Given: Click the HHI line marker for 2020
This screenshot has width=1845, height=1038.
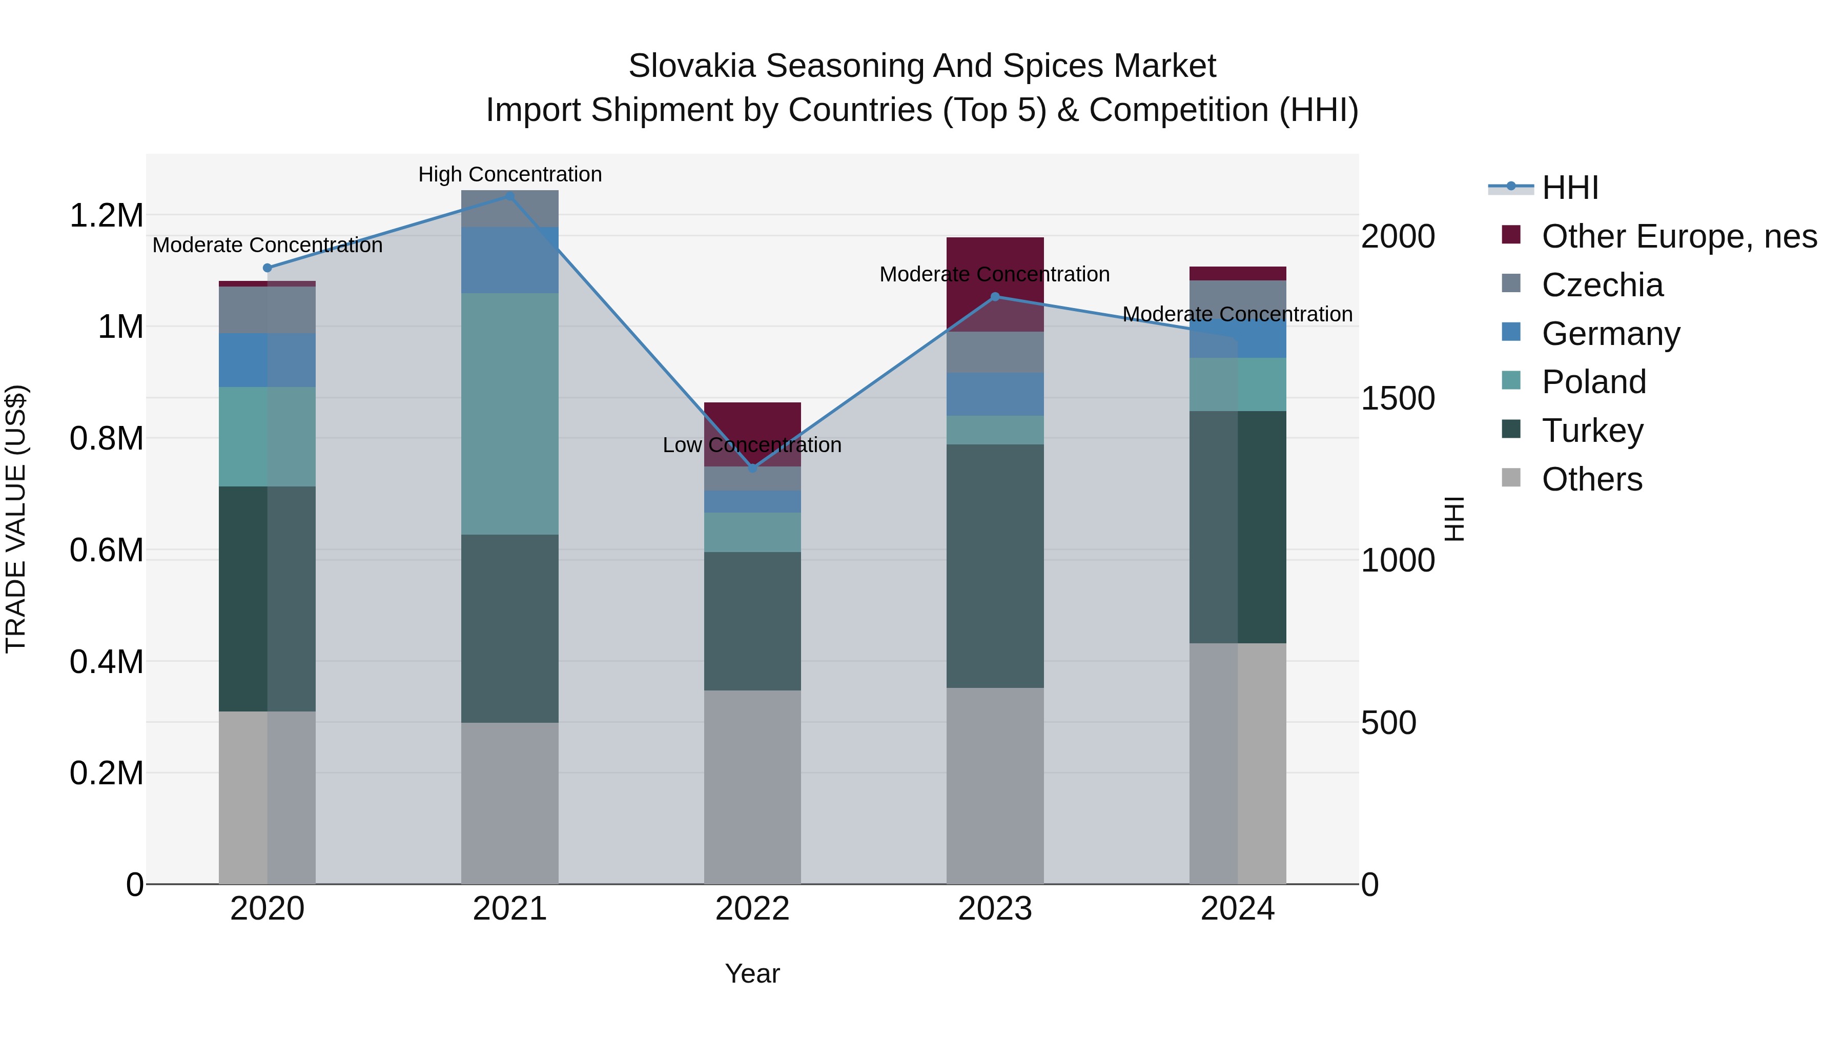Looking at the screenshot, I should click(x=267, y=268).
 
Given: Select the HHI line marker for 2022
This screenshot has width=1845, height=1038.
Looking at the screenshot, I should click(x=752, y=469).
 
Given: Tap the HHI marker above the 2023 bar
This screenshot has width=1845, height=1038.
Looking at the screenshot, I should click(x=995, y=297).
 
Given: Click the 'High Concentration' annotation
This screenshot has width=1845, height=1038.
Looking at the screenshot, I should click(x=510, y=174).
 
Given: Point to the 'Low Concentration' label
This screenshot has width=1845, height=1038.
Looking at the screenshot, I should click(x=752, y=445).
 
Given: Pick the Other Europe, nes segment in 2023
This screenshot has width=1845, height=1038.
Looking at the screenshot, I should click(x=995, y=283).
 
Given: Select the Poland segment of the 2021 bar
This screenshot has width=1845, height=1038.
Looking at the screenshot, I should click(x=510, y=413).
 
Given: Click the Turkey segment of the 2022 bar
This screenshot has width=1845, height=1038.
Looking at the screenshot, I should click(x=752, y=621).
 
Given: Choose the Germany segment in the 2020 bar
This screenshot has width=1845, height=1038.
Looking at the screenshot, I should click(x=267, y=360).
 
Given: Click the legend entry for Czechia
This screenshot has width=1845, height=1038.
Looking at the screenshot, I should click(x=1602, y=285).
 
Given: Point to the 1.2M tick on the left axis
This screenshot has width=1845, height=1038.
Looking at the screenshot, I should click(x=106, y=215).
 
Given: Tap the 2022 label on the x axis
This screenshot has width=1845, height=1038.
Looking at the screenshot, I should click(x=752, y=909).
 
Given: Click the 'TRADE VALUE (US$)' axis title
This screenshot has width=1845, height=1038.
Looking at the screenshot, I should click(x=16, y=519).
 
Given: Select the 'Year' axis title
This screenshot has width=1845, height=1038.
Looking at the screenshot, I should click(x=752, y=973).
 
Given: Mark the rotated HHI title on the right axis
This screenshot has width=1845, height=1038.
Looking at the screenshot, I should click(x=1454, y=519).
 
